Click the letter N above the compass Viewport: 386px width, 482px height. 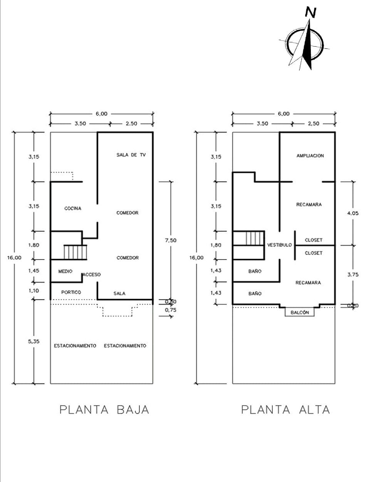310,13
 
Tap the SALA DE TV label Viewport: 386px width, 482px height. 131,155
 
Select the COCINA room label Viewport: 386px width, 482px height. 73,209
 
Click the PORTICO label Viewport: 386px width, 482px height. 71,293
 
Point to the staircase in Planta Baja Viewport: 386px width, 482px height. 76,252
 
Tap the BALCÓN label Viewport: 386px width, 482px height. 300,313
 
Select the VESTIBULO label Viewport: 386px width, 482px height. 279,245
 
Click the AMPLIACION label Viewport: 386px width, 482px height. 310,156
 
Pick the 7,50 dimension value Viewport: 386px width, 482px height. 170,240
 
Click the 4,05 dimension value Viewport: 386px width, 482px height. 352,213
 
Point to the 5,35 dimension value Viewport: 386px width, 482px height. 34,341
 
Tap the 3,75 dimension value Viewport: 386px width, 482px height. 352,275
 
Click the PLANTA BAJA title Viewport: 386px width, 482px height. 104,410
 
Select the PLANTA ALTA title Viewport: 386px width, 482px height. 285,410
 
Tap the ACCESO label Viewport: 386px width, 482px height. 92,275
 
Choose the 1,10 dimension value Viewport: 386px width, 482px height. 34,291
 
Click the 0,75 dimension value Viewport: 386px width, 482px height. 170,310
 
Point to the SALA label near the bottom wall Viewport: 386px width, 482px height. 119,294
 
